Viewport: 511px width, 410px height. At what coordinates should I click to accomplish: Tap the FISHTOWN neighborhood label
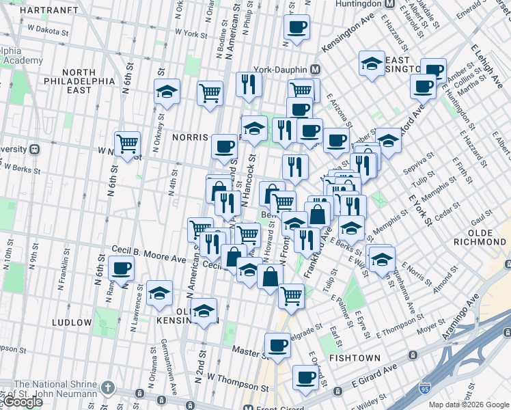(355, 357)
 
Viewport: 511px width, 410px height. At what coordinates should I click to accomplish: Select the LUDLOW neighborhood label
(71, 322)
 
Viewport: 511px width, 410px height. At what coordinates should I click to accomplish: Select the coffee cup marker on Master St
(277, 345)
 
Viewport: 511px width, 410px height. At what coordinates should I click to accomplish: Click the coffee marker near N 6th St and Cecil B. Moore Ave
(122, 268)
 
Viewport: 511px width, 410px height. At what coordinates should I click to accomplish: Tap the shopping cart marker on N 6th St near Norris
(128, 143)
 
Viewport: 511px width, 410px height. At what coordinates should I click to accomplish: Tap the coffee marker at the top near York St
(296, 27)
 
